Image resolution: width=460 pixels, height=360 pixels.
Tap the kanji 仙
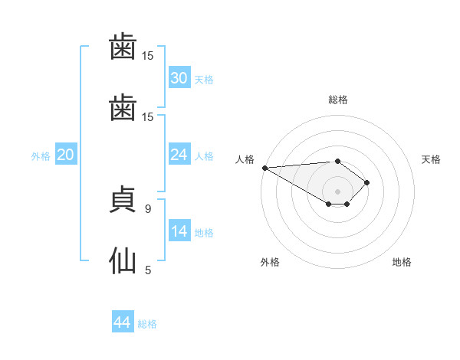pos(124,259)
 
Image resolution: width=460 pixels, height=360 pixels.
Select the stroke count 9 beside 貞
pos(148,208)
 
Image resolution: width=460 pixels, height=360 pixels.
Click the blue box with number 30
pos(179,78)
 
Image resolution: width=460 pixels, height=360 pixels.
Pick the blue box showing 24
pos(179,155)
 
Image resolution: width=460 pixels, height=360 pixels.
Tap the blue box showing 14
pos(179,231)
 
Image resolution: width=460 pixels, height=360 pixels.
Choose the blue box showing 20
pos(65,155)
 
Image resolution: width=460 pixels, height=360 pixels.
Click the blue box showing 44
pos(123,322)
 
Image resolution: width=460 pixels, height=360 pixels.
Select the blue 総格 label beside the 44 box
pos(147,324)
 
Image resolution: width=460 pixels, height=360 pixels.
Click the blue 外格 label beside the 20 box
pos(41,156)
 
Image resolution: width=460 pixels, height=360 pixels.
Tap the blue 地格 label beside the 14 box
pos(204,233)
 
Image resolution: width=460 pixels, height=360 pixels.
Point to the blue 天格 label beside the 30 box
pos(204,80)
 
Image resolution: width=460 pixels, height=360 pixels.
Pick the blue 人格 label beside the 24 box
pos(204,156)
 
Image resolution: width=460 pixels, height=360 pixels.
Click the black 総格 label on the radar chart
pos(338,100)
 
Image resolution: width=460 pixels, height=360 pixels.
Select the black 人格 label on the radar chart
pos(245,159)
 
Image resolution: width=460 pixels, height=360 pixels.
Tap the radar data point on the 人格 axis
pos(264,168)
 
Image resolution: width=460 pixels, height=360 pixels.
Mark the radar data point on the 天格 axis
pos(367,182)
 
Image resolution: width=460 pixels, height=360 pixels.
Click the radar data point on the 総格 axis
pos(338,161)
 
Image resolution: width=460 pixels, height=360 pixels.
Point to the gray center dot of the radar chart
pos(338,191)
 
